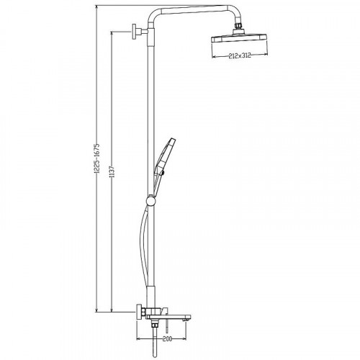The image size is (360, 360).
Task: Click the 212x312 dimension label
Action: point(240,55)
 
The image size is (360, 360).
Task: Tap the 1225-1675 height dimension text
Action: point(96,158)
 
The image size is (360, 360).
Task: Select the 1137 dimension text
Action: point(112,171)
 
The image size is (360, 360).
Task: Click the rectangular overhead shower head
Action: point(239,38)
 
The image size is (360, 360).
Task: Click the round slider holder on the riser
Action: point(151,201)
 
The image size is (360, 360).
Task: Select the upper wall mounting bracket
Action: point(139,32)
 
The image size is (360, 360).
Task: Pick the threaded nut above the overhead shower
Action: point(238,25)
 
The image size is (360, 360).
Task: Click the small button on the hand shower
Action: point(163,174)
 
